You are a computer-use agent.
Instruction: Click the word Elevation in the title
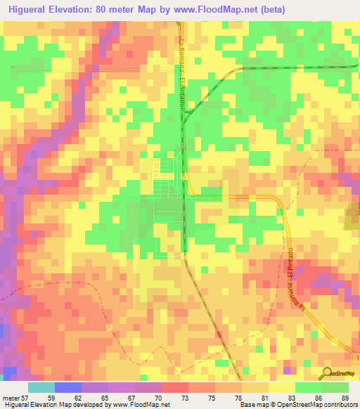point(85,9)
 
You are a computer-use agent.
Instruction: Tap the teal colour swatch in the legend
point(41,388)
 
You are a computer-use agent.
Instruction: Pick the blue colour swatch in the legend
point(68,388)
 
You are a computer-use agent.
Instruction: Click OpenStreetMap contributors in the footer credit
point(316,404)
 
